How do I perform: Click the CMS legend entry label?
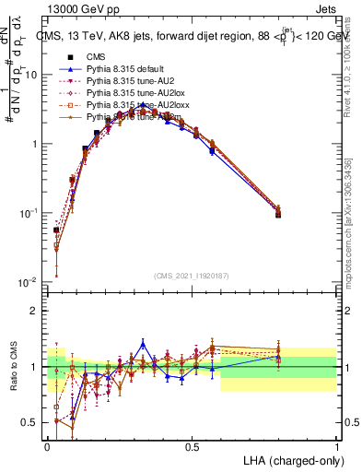[x=97, y=56]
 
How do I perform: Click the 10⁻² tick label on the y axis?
[x=31, y=281]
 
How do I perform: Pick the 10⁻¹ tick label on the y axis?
[x=31, y=212]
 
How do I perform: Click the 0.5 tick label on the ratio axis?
[x=32, y=422]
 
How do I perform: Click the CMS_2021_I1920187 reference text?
[x=193, y=276]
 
